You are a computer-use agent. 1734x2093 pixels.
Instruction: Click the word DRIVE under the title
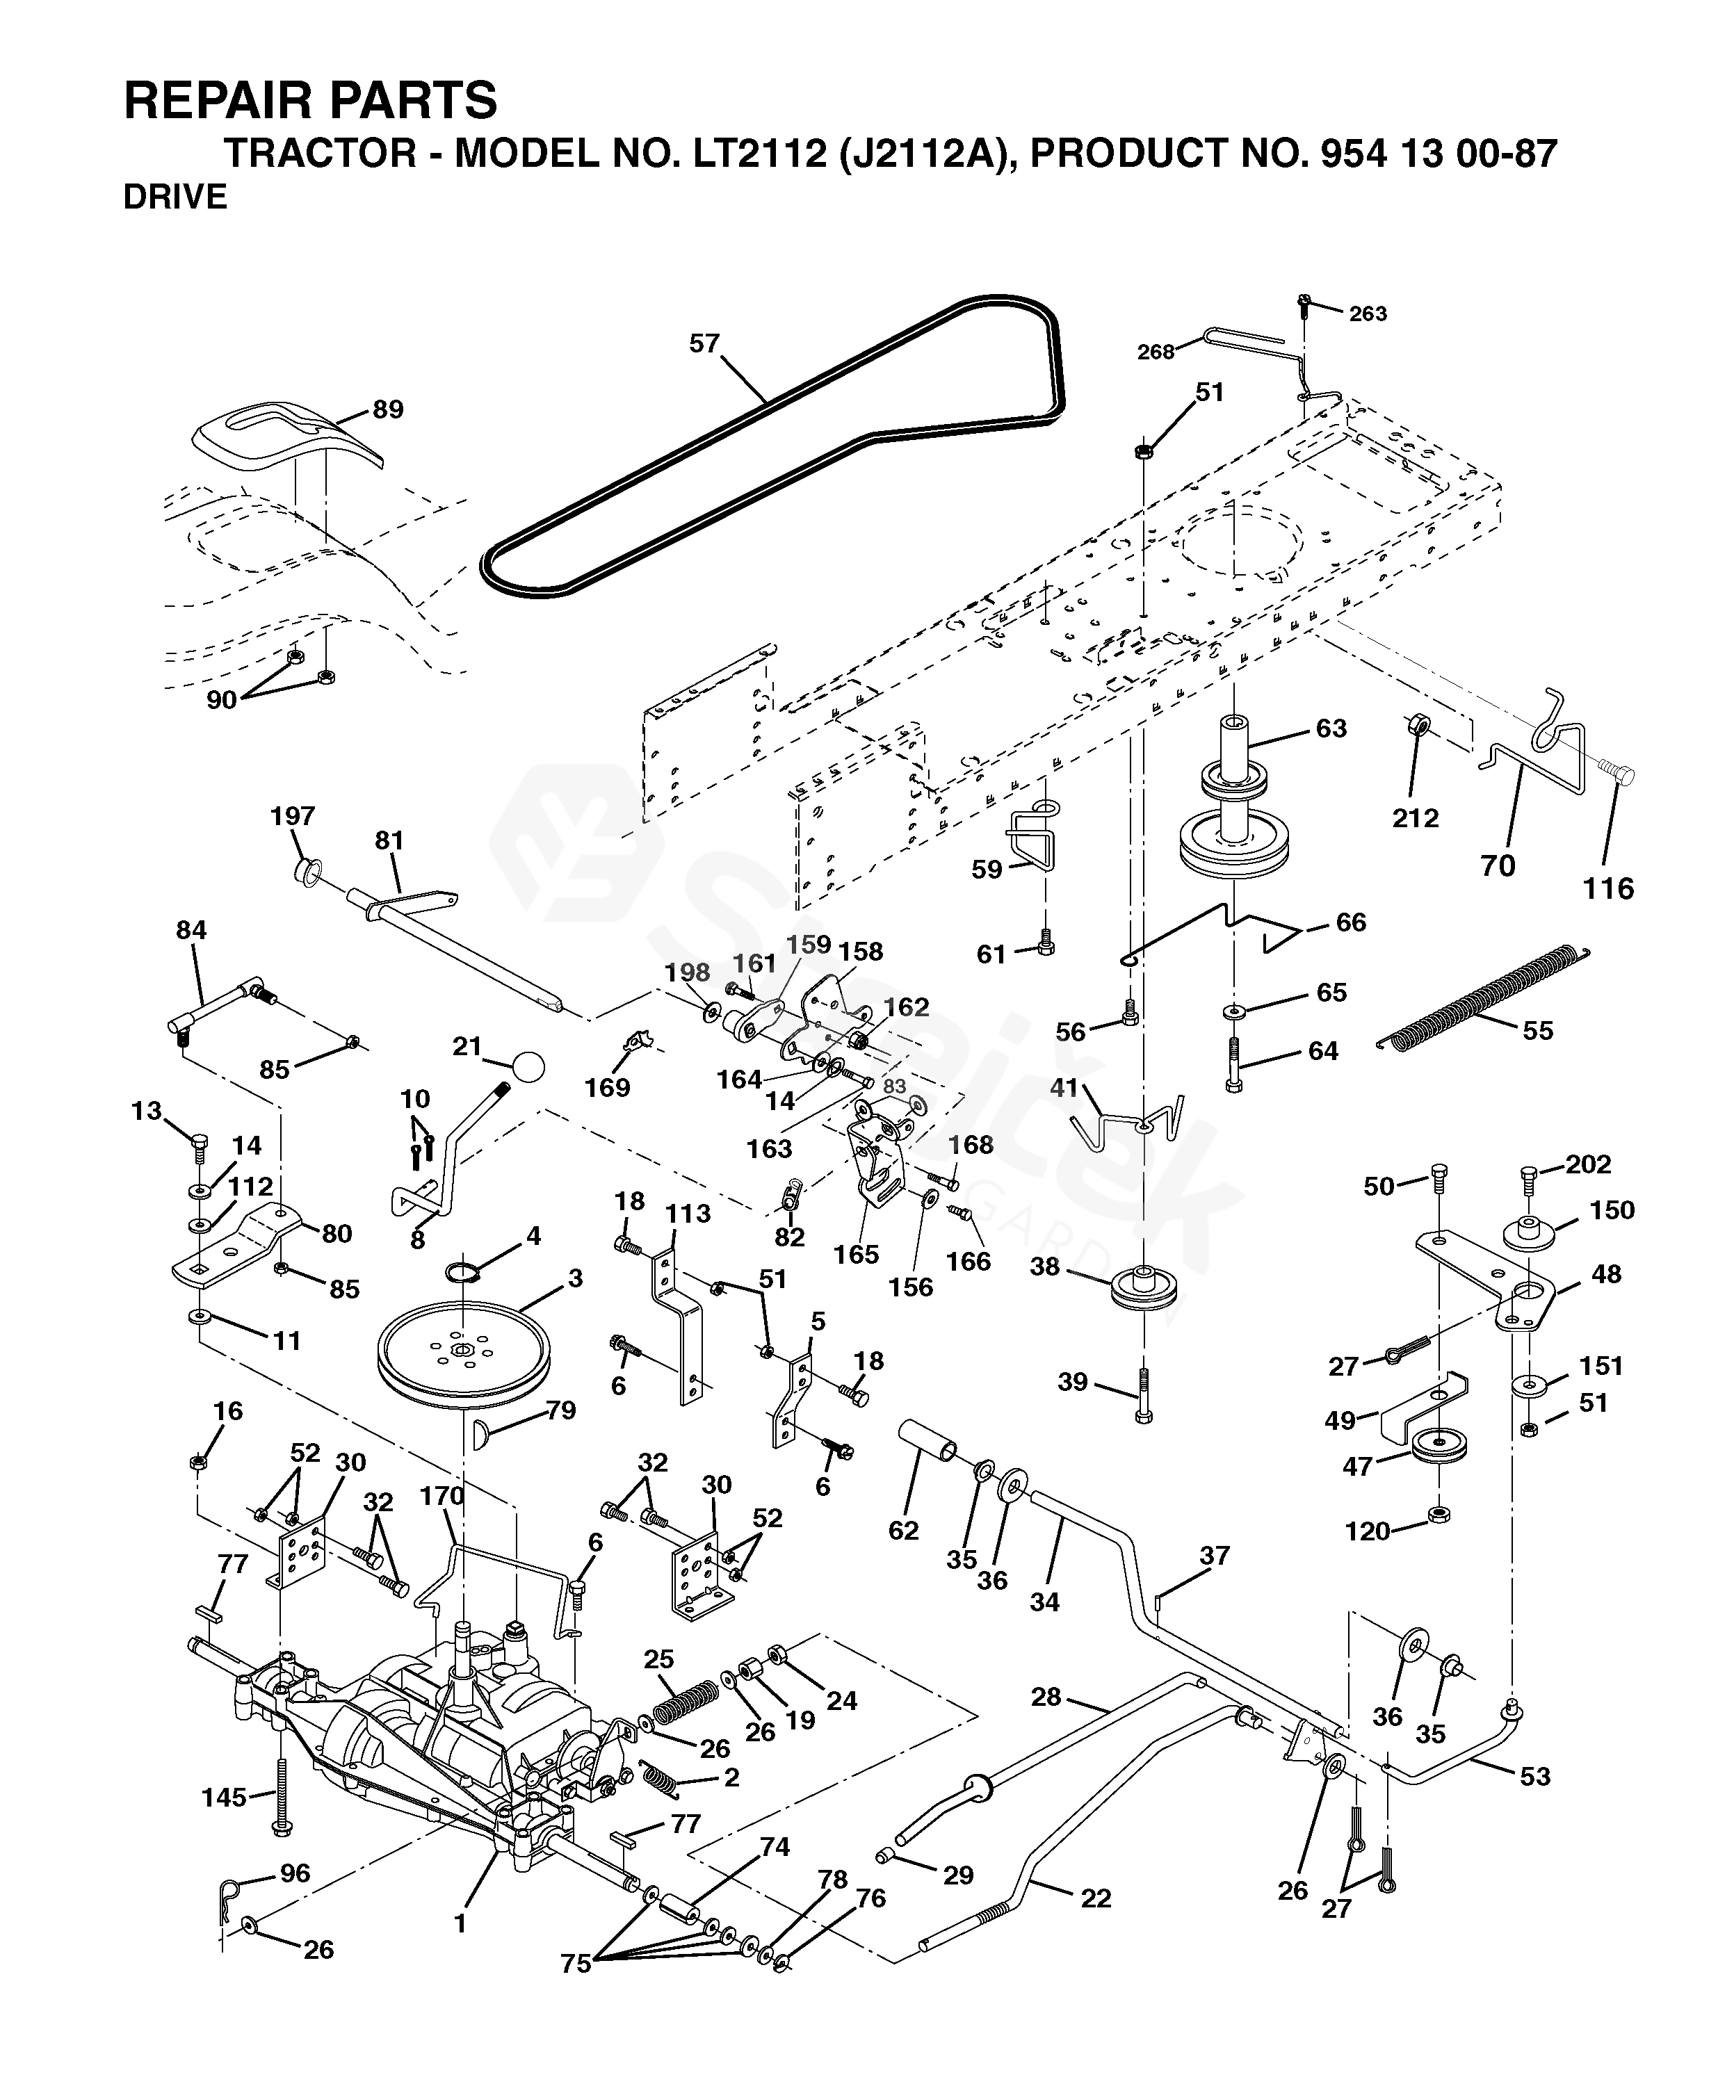pos(175,197)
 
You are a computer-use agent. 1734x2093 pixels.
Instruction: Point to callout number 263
pos(1368,314)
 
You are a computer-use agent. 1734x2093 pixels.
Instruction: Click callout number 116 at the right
pos(1608,888)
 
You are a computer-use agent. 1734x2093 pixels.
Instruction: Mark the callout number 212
pos(1416,818)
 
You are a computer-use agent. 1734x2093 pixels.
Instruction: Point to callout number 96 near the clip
pos(295,1874)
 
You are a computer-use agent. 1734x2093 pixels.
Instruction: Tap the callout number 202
pos(1589,1164)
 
